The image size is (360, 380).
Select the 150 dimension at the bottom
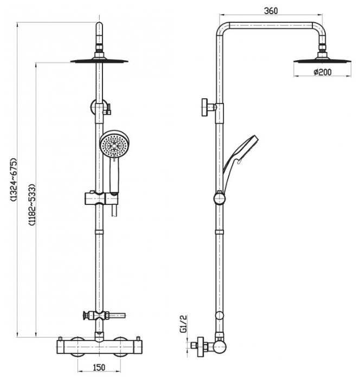point(99,368)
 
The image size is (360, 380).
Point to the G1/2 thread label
point(184,324)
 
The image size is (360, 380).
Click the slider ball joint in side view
point(219,199)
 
